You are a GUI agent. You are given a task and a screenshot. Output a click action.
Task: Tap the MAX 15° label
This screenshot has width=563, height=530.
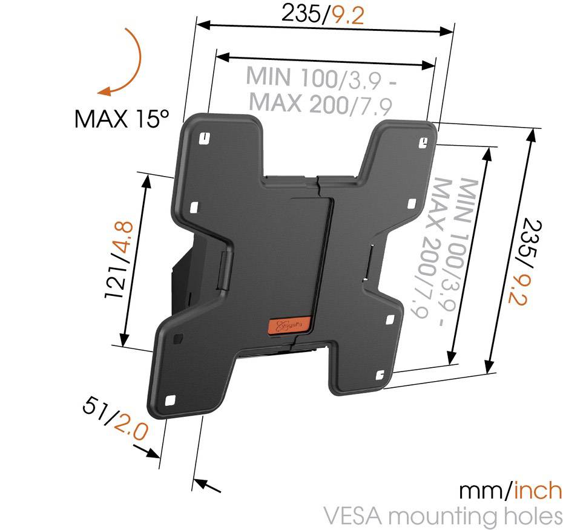[120, 118]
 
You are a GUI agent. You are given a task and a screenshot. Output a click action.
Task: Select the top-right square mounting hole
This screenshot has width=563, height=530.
[425, 142]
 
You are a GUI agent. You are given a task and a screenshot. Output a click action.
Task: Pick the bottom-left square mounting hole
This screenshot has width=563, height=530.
[170, 400]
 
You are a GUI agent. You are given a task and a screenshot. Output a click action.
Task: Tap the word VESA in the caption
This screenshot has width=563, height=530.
[352, 517]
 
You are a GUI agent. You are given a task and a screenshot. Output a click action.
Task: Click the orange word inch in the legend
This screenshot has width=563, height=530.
[538, 491]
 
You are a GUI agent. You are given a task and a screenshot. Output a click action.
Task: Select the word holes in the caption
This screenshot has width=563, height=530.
[531, 517]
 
